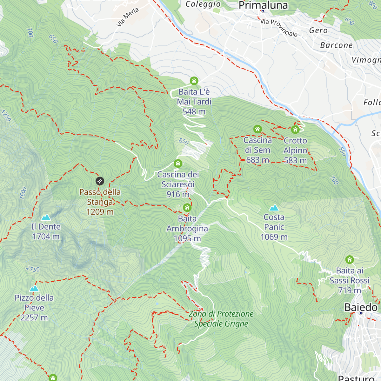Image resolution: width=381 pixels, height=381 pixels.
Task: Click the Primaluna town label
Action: click(263, 5)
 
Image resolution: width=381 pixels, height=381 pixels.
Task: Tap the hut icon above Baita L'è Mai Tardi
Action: click(194, 81)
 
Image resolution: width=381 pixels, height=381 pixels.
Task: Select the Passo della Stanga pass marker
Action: click(100, 181)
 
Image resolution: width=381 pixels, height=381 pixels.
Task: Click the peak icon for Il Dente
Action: click(46, 217)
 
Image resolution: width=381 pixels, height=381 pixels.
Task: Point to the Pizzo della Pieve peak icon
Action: click(34, 289)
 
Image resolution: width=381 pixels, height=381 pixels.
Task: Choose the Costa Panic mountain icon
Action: click(274, 208)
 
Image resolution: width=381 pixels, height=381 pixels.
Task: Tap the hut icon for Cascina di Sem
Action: click(257, 129)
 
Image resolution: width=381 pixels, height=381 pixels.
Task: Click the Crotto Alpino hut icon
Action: click(295, 130)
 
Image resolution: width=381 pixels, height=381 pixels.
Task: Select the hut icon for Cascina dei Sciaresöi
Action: click(178, 164)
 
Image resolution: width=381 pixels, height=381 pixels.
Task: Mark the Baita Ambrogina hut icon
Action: click(187, 208)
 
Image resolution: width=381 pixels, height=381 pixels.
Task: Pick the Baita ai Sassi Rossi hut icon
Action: click(350, 260)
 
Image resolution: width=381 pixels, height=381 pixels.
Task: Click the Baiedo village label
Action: click(361, 307)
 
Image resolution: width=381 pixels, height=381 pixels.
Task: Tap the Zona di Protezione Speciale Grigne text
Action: click(221, 319)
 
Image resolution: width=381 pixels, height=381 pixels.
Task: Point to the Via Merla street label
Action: click(128, 17)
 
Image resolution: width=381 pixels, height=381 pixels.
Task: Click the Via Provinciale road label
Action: click(279, 28)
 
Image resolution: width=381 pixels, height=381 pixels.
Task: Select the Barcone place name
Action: click(336, 45)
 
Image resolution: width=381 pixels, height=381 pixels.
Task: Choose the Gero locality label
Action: click(318, 30)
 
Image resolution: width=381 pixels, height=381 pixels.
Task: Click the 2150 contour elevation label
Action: click(33, 269)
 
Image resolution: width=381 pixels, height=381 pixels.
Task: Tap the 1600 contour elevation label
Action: click(23, 193)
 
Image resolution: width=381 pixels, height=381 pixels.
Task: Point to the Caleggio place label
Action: click(203, 4)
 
